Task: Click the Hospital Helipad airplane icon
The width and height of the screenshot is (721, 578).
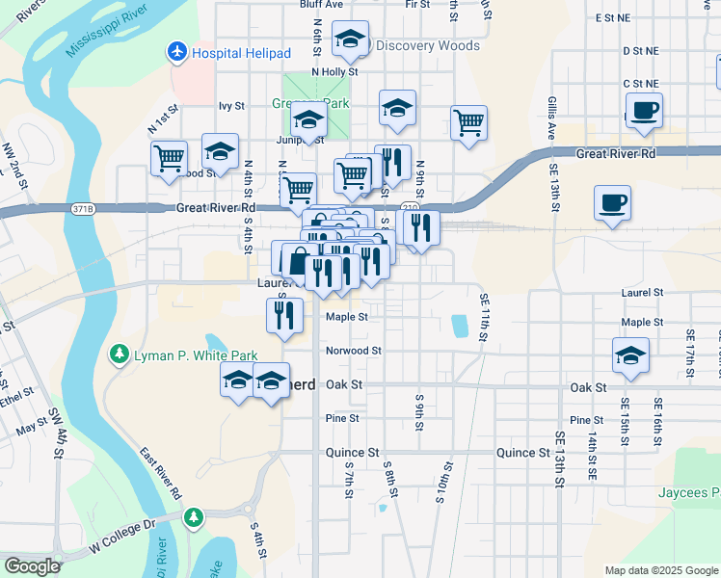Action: coord(177,50)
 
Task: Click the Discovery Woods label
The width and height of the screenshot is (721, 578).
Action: coord(427,45)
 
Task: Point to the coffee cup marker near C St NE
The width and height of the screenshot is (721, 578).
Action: coord(644,110)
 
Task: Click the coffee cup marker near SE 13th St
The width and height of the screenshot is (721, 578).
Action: coord(612,202)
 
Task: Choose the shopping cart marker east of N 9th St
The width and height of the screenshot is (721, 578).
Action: coord(468,122)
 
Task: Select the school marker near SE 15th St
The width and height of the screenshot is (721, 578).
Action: coord(630,355)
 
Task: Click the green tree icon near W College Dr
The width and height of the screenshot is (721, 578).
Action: coord(194,518)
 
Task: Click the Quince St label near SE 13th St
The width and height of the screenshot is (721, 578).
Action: coord(522,452)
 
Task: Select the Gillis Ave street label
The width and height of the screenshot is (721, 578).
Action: coord(551,118)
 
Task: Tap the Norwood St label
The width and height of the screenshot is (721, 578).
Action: coord(354,351)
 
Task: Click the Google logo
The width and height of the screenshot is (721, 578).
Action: coord(32,566)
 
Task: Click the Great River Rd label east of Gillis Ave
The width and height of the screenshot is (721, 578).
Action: coord(615,153)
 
